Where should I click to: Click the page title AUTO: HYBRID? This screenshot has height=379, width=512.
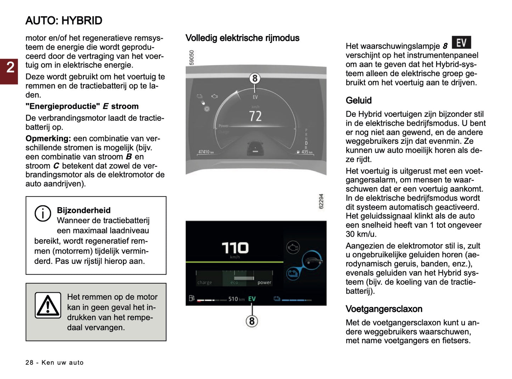(64, 21)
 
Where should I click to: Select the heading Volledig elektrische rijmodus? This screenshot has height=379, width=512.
(242, 38)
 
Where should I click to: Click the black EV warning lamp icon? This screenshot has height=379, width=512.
(461, 43)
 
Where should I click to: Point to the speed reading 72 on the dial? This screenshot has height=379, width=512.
(255, 116)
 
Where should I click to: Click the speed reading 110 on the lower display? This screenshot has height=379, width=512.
(235, 248)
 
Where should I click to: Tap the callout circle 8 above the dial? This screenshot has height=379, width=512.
(254, 78)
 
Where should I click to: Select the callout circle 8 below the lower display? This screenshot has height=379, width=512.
(252, 321)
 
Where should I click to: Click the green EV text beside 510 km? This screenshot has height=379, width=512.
(252, 299)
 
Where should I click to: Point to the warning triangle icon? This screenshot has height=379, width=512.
(48, 305)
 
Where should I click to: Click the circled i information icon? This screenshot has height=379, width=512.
(43, 214)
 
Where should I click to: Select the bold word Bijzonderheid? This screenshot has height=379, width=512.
(84, 210)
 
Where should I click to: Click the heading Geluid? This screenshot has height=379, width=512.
(359, 101)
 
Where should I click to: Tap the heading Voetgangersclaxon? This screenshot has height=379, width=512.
(384, 309)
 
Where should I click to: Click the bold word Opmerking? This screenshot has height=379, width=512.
(48, 138)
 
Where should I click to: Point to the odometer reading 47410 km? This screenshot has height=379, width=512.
(206, 152)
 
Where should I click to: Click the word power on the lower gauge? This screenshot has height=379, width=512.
(264, 283)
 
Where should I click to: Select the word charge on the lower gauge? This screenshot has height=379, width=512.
(205, 283)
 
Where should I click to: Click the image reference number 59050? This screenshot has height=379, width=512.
(192, 57)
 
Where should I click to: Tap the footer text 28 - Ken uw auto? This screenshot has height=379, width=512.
(55, 362)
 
